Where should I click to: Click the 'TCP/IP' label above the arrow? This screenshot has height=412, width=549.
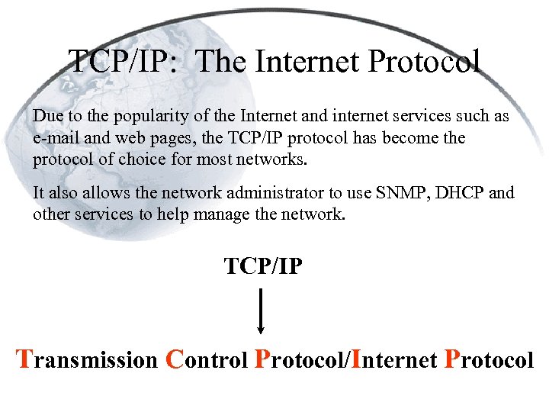[x=263, y=268]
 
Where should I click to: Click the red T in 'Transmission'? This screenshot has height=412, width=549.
[x=25, y=359]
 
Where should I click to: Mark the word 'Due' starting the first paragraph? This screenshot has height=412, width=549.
[x=46, y=116]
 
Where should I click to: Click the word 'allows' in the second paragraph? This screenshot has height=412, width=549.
[x=85, y=193]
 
